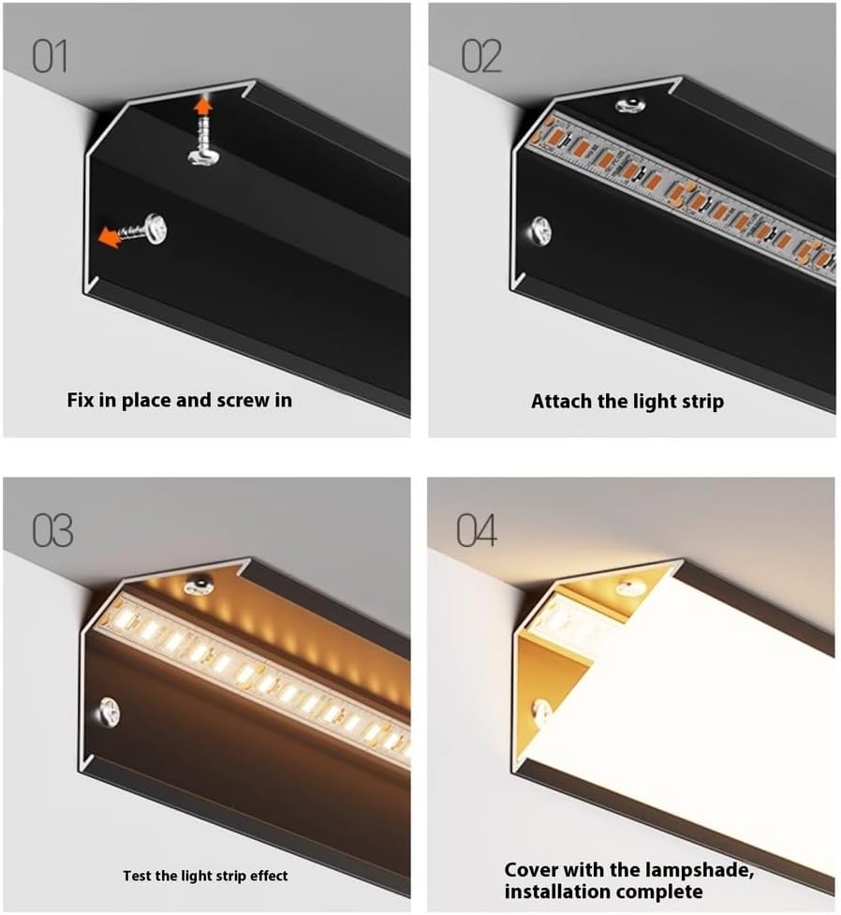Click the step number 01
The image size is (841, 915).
click(x=50, y=56)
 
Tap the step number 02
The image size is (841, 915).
click(x=481, y=56)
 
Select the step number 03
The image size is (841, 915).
click(x=52, y=531)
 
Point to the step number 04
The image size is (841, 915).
click(x=477, y=530)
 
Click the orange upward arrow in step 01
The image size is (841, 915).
click(x=202, y=106)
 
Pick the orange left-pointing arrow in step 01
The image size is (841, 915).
click(x=109, y=238)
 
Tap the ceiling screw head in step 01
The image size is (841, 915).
click(x=203, y=156)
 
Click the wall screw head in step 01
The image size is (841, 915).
click(x=155, y=229)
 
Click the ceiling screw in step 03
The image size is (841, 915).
click(x=199, y=584)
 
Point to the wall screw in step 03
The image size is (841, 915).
click(x=110, y=712)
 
